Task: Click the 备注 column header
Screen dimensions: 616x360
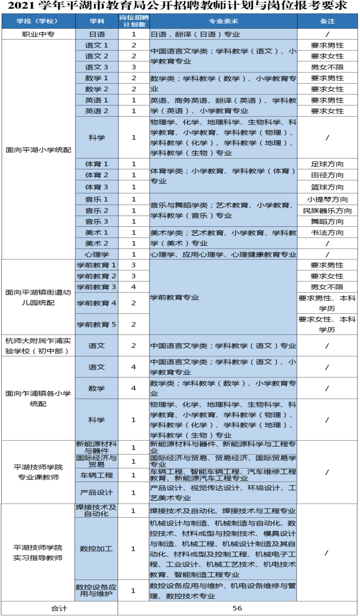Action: [327, 21]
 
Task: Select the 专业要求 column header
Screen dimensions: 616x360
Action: [223, 21]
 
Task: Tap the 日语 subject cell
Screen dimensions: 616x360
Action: [96, 34]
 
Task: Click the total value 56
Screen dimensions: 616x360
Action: [237, 608]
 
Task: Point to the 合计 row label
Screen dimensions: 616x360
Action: [59, 608]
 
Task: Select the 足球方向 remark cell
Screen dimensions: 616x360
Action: [327, 164]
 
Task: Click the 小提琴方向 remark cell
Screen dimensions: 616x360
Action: [327, 199]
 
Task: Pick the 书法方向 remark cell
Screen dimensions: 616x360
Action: [327, 232]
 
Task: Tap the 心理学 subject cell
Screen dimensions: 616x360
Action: [96, 254]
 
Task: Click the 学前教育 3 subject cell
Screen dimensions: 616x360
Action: [96, 287]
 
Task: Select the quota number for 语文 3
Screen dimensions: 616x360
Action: [134, 67]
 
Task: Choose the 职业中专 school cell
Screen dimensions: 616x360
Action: [38, 34]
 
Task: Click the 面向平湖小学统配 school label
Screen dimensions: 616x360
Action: [38, 150]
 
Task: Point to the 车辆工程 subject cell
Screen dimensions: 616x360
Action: [96, 475]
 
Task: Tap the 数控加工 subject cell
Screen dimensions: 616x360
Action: [96, 549]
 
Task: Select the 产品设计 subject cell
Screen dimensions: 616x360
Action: [96, 492]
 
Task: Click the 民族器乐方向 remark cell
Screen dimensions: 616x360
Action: [327, 211]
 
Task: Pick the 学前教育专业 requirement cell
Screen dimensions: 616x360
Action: [175, 297]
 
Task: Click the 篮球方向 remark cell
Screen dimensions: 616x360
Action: [327, 187]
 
